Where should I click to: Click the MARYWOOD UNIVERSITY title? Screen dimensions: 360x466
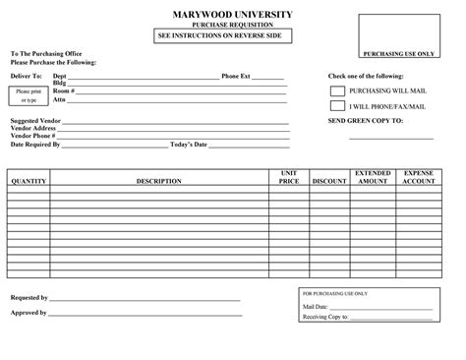(x=233, y=14)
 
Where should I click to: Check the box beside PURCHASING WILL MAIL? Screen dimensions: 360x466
(x=337, y=90)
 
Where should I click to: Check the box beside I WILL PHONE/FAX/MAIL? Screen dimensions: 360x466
(x=337, y=105)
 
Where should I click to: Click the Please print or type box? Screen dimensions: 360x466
(x=28, y=95)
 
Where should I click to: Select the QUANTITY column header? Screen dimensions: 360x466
(x=29, y=182)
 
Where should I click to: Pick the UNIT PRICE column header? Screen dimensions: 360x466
(x=288, y=177)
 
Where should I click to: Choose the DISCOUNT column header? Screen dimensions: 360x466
(x=329, y=182)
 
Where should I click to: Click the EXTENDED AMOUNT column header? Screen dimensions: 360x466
(x=373, y=177)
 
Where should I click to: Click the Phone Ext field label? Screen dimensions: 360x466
(x=237, y=75)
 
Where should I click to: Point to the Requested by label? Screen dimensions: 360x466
(x=29, y=297)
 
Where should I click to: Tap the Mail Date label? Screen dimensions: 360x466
(x=317, y=307)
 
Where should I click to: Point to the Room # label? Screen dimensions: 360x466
(x=64, y=90)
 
